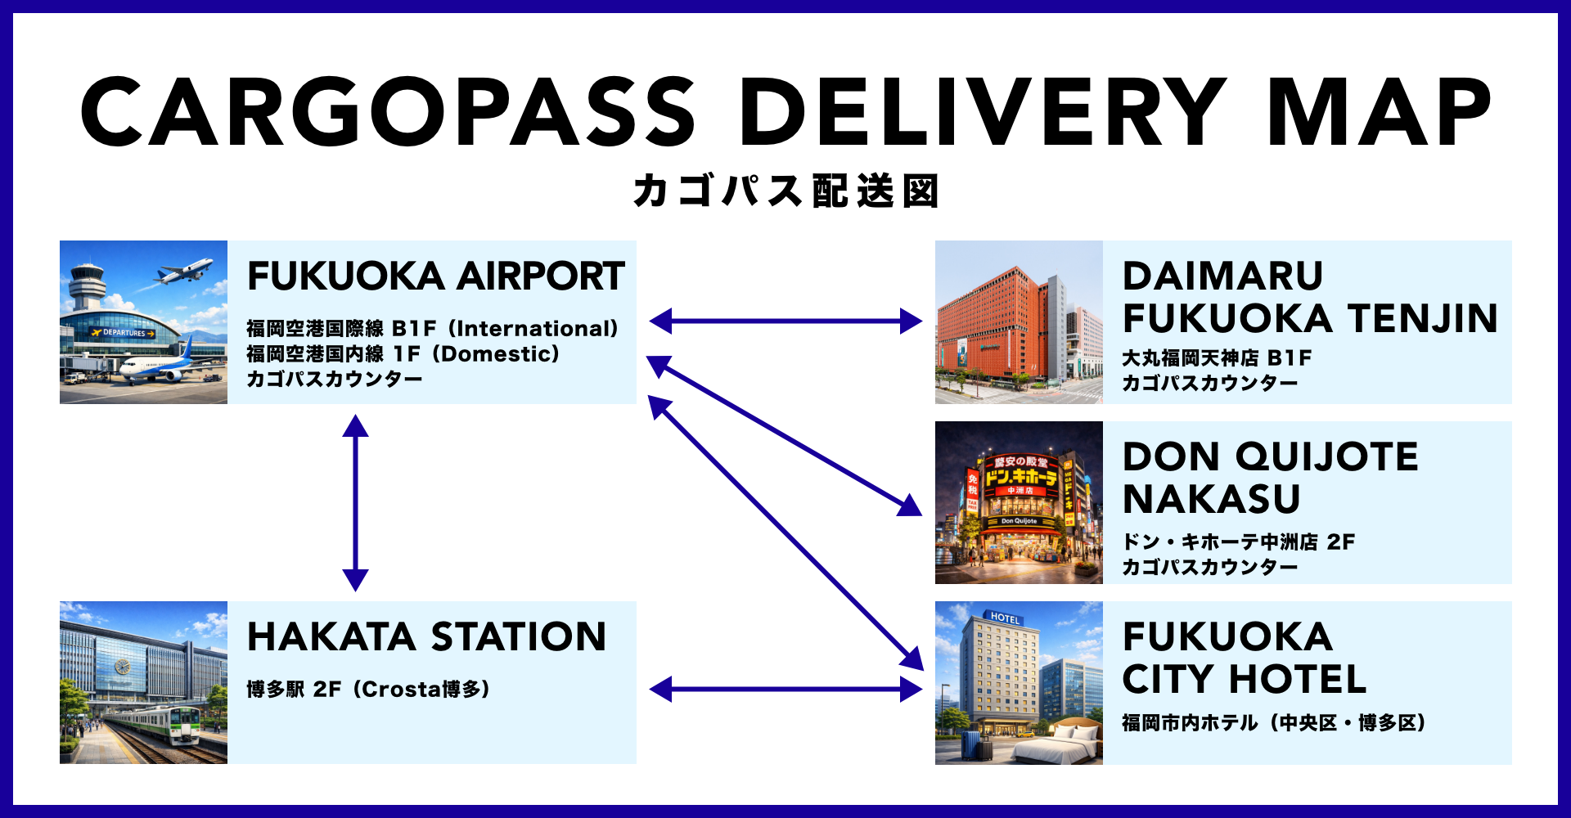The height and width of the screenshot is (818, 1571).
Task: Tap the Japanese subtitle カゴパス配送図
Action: (x=785, y=191)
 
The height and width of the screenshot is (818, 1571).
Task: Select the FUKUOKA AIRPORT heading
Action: (x=436, y=276)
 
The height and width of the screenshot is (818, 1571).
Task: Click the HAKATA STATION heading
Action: (x=426, y=637)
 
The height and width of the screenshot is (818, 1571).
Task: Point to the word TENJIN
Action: (x=1423, y=319)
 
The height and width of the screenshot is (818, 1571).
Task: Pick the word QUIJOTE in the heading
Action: (x=1326, y=457)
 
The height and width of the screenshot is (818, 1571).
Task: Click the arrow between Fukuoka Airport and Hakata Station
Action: (x=355, y=502)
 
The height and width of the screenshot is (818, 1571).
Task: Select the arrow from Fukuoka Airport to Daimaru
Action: (x=785, y=321)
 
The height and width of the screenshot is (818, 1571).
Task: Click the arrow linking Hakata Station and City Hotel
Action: (x=785, y=689)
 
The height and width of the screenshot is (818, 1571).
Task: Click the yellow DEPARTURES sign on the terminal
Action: (x=124, y=333)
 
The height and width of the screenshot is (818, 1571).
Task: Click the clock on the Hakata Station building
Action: (x=122, y=667)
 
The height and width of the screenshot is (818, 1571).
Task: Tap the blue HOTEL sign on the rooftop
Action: (x=1005, y=618)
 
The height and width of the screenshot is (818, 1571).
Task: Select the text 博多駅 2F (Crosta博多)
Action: (x=368, y=690)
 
